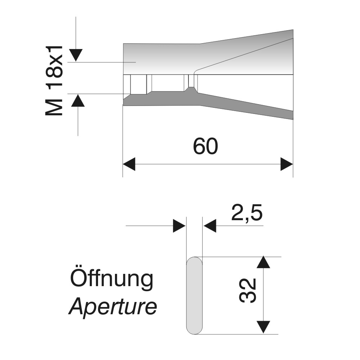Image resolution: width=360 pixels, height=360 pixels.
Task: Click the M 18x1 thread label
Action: [54, 81]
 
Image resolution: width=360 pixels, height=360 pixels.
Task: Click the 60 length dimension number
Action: [205, 146]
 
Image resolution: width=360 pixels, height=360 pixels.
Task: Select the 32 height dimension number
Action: [248, 291]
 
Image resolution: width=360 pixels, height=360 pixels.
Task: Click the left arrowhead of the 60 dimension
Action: [129, 164]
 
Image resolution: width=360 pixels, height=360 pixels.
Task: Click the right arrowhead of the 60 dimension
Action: [287, 164]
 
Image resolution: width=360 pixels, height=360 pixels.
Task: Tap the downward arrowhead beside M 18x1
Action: [76, 55]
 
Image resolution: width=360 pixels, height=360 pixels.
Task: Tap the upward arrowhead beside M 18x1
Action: [78, 100]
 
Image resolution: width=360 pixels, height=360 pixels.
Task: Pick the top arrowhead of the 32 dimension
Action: [263, 262]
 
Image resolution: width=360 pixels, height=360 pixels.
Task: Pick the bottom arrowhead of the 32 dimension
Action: [263, 327]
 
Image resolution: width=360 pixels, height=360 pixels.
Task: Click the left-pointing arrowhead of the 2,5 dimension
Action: [210, 226]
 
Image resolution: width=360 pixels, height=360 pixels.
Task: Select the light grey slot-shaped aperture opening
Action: [194, 295]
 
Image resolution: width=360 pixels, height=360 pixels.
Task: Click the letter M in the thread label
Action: [54, 108]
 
